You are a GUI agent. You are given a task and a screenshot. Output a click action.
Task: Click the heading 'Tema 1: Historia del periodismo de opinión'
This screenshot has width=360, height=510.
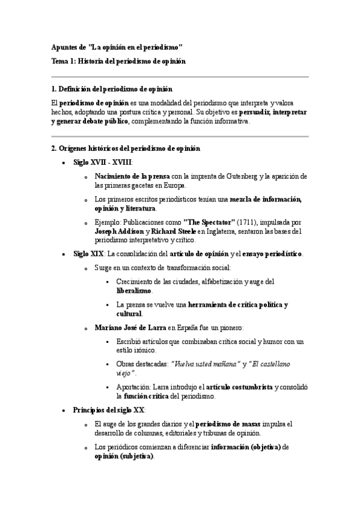pos(118,61)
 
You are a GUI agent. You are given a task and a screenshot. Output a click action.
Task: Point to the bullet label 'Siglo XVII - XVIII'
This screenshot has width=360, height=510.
pos(102,162)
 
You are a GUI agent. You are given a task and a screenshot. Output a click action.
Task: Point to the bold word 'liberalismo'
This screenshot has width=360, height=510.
pos(135,290)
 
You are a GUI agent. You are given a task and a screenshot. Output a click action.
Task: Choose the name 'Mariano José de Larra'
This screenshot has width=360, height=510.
pos(130,327)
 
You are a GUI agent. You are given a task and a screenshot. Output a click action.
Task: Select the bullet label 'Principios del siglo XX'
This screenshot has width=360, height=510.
pos(109,410)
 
